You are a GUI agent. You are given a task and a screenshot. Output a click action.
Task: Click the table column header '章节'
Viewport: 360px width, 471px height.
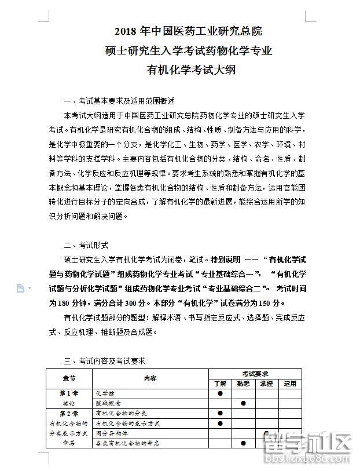pos(69,378)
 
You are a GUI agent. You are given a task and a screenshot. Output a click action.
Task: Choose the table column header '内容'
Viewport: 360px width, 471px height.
pos(150,378)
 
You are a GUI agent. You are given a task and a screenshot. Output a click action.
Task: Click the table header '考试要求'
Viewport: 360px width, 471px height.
pos(255,374)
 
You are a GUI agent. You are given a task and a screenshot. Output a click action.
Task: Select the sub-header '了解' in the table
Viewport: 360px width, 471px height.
pos(220,384)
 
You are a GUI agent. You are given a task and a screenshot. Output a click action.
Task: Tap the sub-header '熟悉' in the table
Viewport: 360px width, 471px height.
pos(243,384)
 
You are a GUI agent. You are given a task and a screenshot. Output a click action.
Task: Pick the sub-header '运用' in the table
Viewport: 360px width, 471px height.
pos(290,384)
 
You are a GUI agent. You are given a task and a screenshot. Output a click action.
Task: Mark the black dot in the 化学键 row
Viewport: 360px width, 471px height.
pos(220,393)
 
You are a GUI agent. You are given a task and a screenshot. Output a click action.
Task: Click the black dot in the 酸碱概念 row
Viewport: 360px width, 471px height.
pos(243,403)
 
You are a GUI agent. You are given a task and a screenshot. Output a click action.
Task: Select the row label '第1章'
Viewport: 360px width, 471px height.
pos(69,393)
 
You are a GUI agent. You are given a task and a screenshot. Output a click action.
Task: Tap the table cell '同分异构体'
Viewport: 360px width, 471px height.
pos(112,433)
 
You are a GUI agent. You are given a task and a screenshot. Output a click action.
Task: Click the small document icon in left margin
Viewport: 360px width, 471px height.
pos(20,288)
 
